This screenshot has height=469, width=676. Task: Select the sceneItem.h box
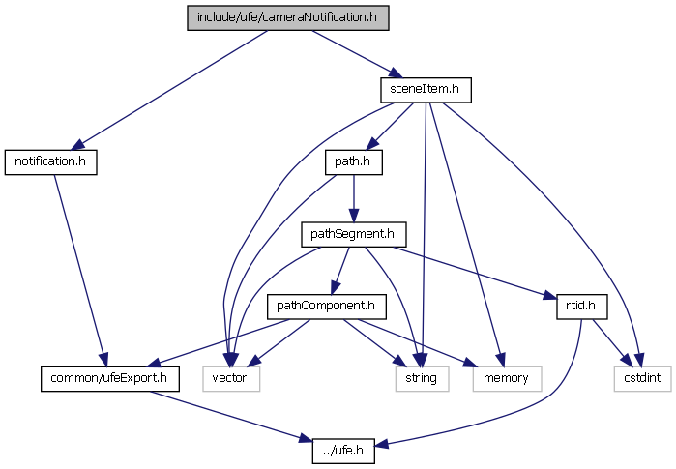point(425,90)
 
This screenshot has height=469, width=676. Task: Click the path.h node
point(353,161)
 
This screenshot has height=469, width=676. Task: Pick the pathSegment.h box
point(353,233)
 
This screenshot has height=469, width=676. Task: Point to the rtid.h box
point(580,306)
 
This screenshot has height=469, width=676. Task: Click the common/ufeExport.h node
point(109,377)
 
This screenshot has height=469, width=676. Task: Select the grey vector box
point(231,377)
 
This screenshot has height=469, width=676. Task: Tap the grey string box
point(422,377)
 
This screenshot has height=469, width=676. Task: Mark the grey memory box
point(501,377)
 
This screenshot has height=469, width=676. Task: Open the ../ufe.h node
point(343,450)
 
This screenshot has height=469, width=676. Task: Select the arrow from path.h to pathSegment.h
point(353,197)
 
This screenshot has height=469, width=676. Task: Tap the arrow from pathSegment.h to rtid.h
point(473,271)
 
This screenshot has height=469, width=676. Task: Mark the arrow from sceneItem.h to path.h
point(391,124)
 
